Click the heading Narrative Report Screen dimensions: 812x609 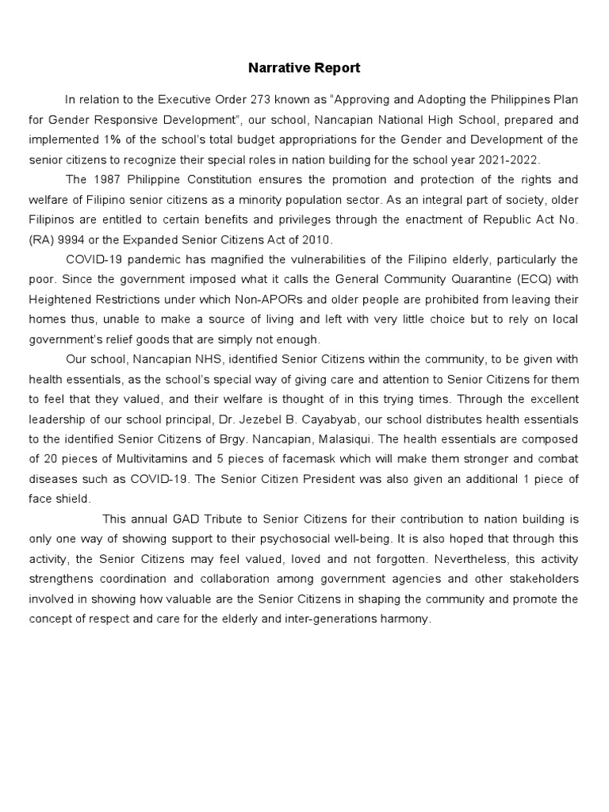pos(304,68)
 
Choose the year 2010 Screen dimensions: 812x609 pos(310,239)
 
